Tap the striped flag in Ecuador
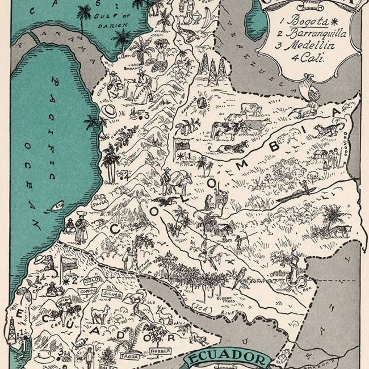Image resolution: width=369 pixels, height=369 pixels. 69,262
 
